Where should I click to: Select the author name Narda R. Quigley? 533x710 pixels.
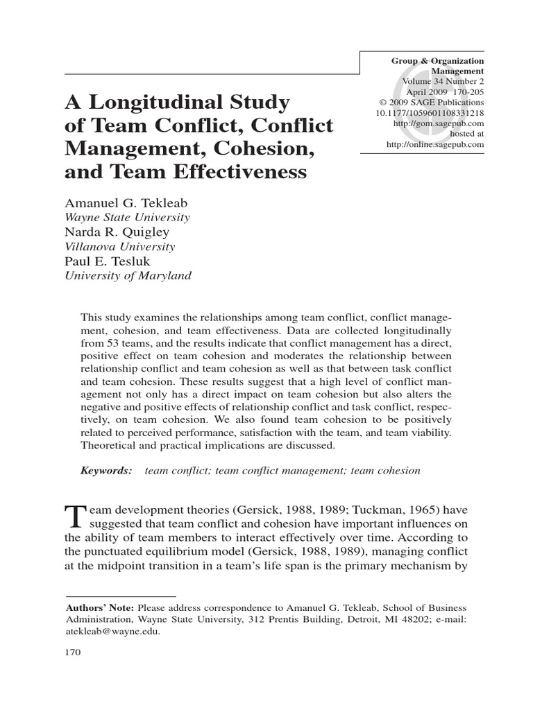[x=117, y=232]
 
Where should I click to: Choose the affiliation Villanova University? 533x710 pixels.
[x=120, y=246]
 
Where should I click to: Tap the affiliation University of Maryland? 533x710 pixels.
[x=128, y=275]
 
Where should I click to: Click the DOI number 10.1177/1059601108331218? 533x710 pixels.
[x=430, y=112]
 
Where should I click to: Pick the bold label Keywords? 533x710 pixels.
[x=106, y=471]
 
